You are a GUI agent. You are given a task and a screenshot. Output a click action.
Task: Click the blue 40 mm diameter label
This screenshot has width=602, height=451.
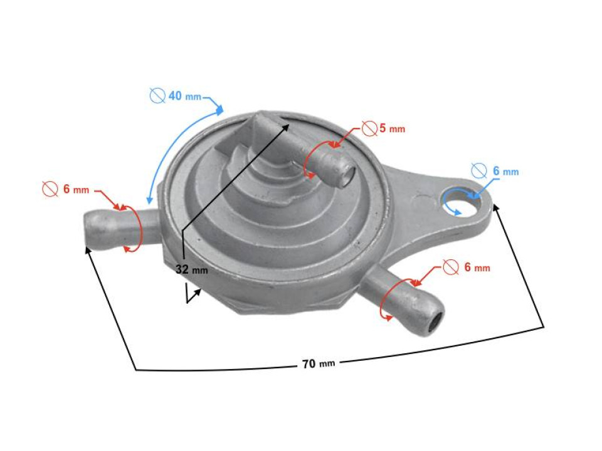click(184, 96)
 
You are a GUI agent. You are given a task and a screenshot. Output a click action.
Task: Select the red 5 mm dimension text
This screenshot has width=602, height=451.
click(392, 129)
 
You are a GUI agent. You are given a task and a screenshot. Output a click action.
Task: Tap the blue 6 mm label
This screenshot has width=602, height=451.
click(504, 171)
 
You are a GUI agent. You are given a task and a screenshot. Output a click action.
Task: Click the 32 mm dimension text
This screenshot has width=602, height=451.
click(191, 270)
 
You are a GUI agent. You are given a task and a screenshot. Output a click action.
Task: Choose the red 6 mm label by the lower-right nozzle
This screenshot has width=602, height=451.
click(476, 267)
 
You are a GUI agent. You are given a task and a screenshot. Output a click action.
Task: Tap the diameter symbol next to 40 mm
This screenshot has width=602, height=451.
click(157, 96)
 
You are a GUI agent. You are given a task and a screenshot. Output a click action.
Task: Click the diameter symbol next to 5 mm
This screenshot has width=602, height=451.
click(369, 129)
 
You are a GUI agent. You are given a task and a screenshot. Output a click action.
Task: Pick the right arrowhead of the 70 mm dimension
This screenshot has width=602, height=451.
click(499, 208)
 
